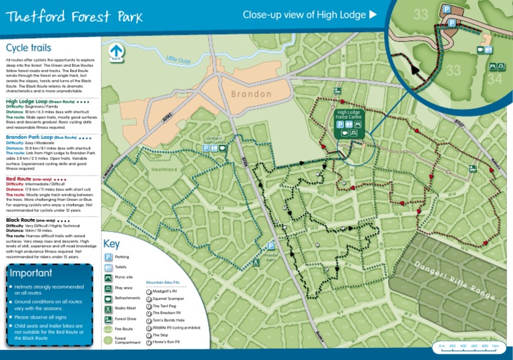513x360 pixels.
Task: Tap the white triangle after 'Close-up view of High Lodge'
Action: [x=373, y=15]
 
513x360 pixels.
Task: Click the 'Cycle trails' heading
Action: [x=29, y=47]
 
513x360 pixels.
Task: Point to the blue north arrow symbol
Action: [x=117, y=50]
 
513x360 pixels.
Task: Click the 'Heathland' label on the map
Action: [x=164, y=170]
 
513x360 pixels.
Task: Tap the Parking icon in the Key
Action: [x=108, y=256]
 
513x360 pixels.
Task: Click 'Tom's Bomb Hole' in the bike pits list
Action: [x=168, y=321]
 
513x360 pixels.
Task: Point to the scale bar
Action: [x=467, y=346]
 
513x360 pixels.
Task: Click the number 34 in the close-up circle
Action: [x=495, y=78]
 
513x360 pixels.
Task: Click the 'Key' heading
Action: [x=112, y=244]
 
